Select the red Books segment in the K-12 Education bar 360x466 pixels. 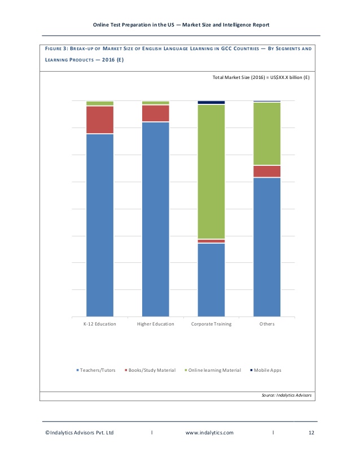[100, 120]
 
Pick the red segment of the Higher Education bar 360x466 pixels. [155, 113]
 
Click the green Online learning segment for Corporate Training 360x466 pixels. [211, 172]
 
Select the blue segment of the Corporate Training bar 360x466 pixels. [211, 279]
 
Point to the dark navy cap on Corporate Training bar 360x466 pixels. [211, 103]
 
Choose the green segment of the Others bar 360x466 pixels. [267, 133]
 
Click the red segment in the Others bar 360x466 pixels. [267, 171]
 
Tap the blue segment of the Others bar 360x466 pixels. [267, 247]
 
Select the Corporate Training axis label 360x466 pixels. [211, 324]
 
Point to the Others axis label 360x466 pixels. [267, 324]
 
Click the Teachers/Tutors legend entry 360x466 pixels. [96, 370]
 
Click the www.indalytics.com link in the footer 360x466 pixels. [209, 433]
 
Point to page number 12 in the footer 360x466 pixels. [311, 433]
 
